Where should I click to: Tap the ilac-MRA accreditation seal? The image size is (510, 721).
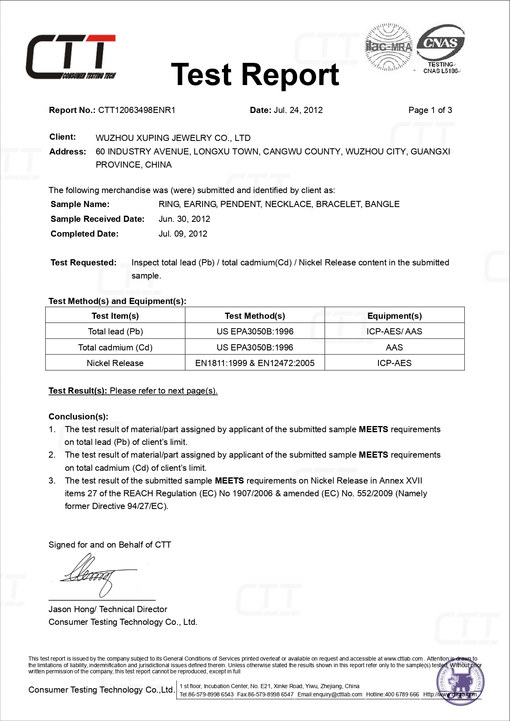click(388, 47)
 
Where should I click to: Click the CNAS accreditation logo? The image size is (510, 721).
click(441, 48)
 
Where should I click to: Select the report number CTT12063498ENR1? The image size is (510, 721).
click(136, 110)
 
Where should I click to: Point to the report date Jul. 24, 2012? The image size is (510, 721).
click(298, 110)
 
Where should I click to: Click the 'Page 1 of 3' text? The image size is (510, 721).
click(430, 110)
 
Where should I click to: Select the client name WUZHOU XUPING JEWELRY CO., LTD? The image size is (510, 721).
click(173, 138)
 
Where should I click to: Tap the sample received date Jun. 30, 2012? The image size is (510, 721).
click(184, 219)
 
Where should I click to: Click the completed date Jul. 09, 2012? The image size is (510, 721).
click(183, 234)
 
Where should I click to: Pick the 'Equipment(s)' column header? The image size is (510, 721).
click(395, 316)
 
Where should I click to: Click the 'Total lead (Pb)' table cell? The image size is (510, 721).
click(115, 332)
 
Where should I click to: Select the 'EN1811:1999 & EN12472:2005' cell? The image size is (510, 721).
click(255, 363)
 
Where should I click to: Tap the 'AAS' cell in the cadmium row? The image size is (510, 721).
click(395, 348)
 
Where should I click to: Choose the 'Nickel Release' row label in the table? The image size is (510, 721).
click(115, 363)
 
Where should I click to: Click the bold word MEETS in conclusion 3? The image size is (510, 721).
click(229, 481)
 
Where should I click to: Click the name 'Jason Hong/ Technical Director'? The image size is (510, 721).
click(108, 609)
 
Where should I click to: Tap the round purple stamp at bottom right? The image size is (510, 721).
click(460, 682)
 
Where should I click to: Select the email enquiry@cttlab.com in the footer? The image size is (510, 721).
click(330, 694)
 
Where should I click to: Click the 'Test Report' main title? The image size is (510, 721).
click(255, 75)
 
